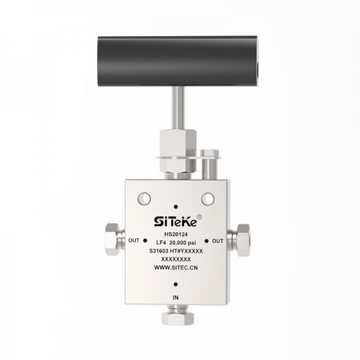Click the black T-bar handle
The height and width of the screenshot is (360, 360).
click(x=178, y=61)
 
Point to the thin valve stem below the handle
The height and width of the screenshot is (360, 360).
click(x=178, y=107)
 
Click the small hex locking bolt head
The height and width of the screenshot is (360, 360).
click(x=209, y=153)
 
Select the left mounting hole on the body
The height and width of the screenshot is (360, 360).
click(x=144, y=199)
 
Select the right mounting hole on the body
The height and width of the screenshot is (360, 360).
click(x=208, y=199)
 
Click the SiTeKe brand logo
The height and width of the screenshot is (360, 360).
click(x=175, y=221)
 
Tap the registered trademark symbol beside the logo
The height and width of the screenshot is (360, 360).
click(x=199, y=217)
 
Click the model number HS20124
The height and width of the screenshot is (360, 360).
click(x=176, y=235)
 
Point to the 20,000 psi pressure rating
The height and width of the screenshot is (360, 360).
click(x=183, y=242)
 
